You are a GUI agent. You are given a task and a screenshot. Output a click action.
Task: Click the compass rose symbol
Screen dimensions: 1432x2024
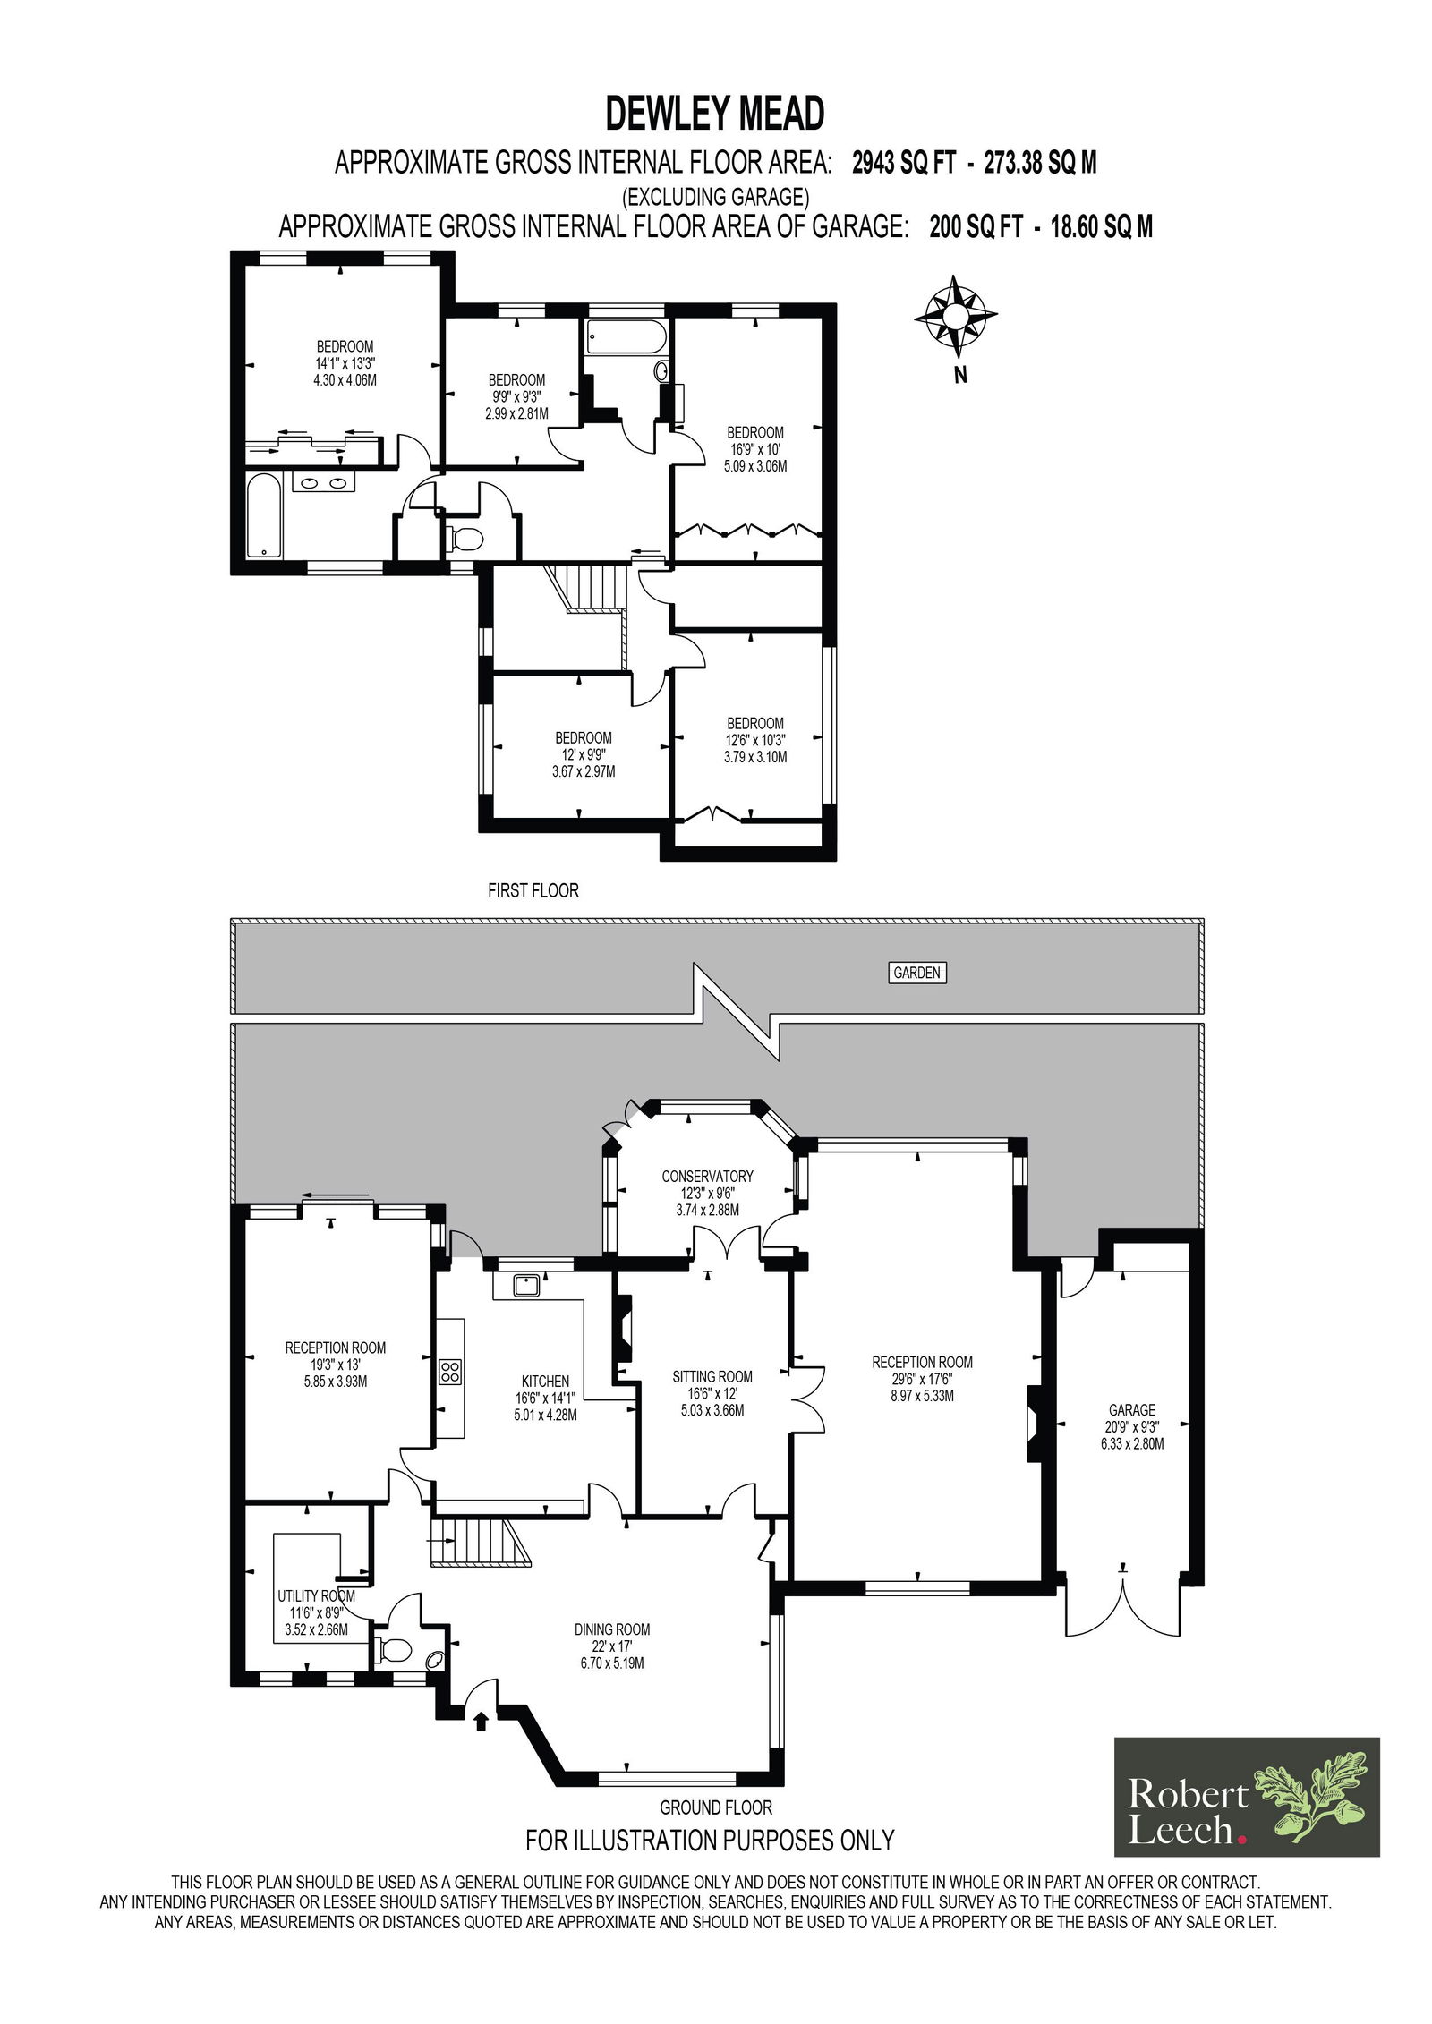point(955,316)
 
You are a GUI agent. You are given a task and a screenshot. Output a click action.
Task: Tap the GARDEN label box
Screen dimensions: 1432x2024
point(917,973)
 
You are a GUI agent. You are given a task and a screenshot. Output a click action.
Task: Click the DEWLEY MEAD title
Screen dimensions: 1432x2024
point(715,115)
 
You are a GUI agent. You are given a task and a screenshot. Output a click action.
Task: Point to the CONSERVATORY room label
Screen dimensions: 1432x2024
point(707,1176)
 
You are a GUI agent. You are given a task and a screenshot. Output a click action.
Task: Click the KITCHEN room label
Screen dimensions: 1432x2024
point(545,1382)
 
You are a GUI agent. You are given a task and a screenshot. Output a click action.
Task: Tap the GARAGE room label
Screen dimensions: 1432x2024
point(1132,1410)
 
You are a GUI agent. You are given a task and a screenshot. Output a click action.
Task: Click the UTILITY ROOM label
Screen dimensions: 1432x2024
point(316,1596)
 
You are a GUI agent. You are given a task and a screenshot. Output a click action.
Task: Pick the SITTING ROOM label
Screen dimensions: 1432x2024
point(712,1377)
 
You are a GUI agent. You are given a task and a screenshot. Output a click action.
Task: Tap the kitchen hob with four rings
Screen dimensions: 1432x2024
point(450,1372)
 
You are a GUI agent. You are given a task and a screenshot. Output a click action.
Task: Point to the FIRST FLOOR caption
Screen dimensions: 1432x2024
point(533,891)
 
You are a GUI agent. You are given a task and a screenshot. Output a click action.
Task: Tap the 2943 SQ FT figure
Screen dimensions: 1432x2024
point(904,163)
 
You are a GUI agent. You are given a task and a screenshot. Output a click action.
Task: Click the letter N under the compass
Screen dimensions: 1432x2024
point(960,376)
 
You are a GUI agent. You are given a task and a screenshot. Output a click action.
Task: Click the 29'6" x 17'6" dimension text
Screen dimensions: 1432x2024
point(923,1379)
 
